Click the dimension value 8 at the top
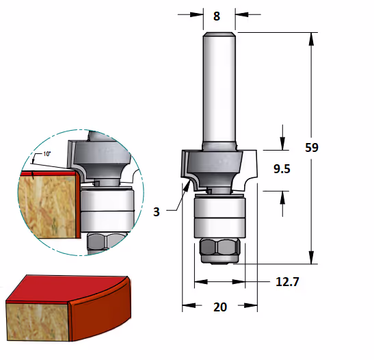click(x=217, y=16)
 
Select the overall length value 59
click(x=312, y=148)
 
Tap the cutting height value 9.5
click(x=282, y=169)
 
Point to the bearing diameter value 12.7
click(x=287, y=282)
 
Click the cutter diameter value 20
click(x=220, y=307)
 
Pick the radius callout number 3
click(x=156, y=211)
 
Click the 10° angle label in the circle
click(x=47, y=154)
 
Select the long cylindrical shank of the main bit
click(x=219, y=91)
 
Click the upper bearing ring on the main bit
click(x=219, y=207)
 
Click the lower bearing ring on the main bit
click(x=219, y=228)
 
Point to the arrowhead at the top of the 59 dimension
click(x=311, y=39)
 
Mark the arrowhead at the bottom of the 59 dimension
click(x=311, y=257)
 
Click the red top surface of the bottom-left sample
click(x=67, y=289)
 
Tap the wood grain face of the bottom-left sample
click(x=38, y=322)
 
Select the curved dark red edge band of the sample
click(x=101, y=314)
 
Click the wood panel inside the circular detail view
click(x=48, y=205)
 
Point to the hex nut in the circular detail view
click(x=105, y=241)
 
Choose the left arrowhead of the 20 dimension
click(x=189, y=305)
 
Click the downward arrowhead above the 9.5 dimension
click(x=282, y=143)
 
